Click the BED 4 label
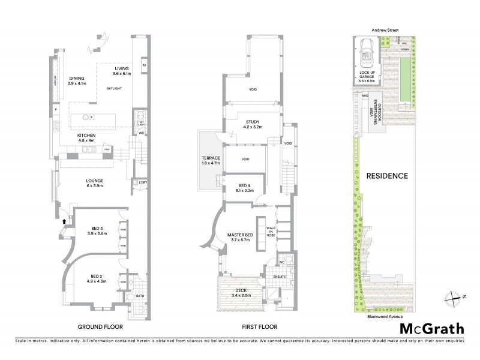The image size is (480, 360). [x=245, y=188]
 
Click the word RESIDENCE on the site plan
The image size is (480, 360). [x=388, y=176]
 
